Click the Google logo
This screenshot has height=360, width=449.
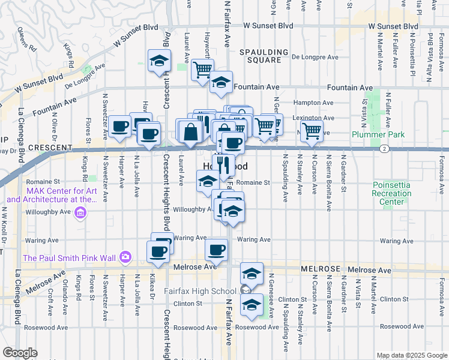point(20,353)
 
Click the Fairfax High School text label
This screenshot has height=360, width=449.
point(205,292)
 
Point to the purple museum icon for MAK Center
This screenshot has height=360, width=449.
point(80,212)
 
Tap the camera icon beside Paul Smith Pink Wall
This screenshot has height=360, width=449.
point(125,258)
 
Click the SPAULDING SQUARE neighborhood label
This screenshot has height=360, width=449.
point(261,56)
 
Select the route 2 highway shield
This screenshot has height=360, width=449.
point(382,148)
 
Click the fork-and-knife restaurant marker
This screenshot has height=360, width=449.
point(223,164)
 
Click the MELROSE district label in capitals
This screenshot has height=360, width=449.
point(324,270)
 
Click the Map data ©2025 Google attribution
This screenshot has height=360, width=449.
point(411,355)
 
